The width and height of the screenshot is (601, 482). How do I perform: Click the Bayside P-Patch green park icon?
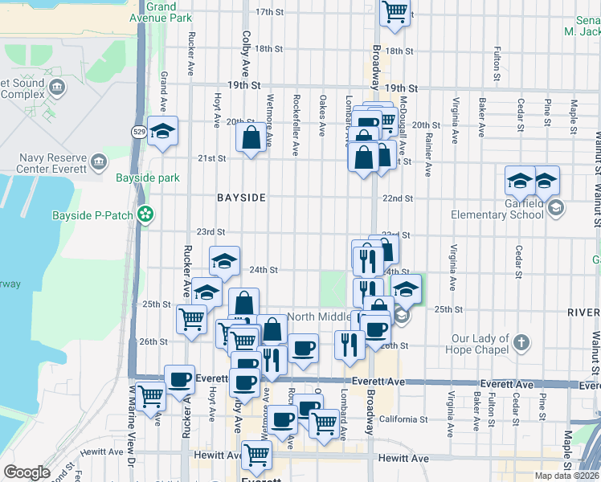coord(145,214)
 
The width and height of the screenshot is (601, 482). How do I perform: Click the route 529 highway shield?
coord(139,132)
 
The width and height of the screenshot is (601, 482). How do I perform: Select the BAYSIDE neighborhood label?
coord(240,197)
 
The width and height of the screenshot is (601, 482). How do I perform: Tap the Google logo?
coord(27,472)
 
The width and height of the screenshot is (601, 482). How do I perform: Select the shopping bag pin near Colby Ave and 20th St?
coord(251,137)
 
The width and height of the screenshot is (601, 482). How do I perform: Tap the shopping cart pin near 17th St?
coord(395,12)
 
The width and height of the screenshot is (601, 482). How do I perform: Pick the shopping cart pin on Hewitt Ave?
coord(256,456)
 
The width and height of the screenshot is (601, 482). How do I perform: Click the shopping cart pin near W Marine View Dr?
coord(151,397)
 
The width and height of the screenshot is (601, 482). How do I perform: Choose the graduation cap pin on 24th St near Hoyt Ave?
coord(224,260)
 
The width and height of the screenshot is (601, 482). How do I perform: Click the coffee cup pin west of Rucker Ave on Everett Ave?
coord(179,379)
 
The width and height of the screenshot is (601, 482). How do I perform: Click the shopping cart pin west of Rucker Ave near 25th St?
coord(192,320)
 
